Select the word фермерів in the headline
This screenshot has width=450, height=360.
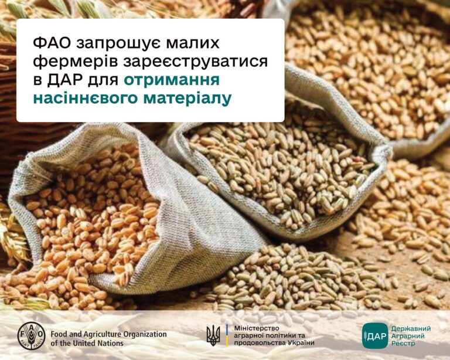point(76,62)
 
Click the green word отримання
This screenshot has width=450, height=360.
point(172,80)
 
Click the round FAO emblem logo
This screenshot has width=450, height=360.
point(31,335)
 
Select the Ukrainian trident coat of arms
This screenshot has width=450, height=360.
point(213,335)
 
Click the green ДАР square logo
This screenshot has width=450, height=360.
point(375,335)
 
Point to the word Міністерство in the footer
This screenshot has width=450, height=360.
point(257,328)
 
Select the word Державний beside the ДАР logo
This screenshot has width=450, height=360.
point(411,328)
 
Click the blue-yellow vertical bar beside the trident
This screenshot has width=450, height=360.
point(227,335)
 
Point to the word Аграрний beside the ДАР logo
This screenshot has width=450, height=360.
point(408,335)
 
